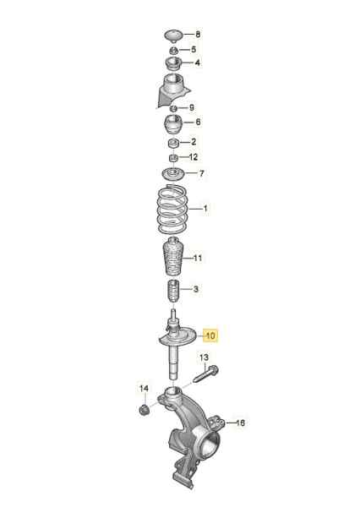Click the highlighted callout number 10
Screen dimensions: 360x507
210,335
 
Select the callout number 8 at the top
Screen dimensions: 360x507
198,34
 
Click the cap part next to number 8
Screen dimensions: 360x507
174,35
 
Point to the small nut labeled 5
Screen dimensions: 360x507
174,51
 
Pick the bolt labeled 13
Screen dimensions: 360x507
205,374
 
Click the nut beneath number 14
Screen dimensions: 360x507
144,411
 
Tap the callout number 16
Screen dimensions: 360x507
240,422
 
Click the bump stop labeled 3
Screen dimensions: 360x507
174,291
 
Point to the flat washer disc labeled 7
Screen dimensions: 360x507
173,174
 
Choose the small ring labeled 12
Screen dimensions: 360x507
174,158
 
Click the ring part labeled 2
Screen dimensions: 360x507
174,144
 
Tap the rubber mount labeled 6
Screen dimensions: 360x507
174,124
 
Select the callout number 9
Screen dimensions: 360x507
192,107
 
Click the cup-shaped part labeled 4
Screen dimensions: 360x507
174,63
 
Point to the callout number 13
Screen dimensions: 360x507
204,357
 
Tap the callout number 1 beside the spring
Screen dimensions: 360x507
205,208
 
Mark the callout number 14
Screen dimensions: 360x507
144,388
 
